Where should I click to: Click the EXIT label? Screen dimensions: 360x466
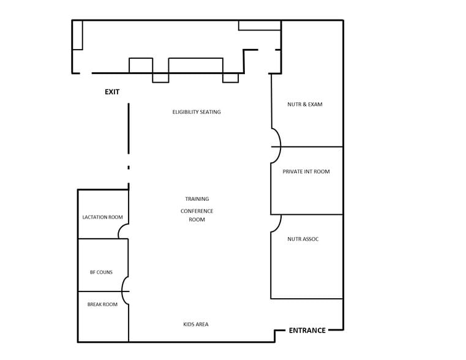(x=112, y=92)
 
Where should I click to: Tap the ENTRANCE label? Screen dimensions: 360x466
(x=307, y=331)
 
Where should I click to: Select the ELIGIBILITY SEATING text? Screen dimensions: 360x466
(x=197, y=112)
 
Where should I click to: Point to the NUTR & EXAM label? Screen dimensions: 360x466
(x=305, y=105)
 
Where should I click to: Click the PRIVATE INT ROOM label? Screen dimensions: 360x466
(x=306, y=172)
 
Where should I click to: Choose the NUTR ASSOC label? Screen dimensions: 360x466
(x=303, y=239)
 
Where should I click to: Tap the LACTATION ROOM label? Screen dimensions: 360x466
(x=103, y=217)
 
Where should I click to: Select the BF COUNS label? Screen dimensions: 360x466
(x=101, y=272)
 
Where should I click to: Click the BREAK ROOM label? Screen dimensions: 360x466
(x=102, y=304)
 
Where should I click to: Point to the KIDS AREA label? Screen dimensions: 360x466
(x=196, y=324)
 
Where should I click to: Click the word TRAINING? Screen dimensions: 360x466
(x=197, y=199)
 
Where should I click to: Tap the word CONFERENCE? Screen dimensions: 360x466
(x=197, y=211)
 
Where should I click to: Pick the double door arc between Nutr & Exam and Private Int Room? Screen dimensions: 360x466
(x=277, y=146)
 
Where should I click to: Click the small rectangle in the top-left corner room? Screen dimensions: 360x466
(x=77, y=35)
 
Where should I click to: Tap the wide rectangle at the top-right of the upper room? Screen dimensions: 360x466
(x=260, y=25)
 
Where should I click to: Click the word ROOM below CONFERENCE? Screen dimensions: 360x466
(x=197, y=220)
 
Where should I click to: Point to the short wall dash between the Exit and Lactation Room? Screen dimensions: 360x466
(x=129, y=167)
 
